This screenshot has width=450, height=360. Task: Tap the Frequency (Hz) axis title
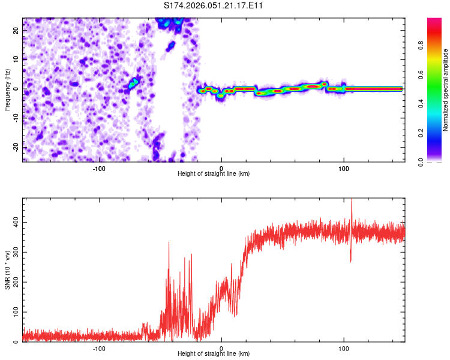click(x=7, y=89)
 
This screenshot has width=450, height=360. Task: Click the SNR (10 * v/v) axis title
click(x=7, y=269)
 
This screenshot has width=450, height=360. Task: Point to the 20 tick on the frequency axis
click(x=16, y=29)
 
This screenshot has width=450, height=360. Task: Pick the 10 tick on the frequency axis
click(x=16, y=59)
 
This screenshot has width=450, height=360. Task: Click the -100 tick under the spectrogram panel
click(x=99, y=169)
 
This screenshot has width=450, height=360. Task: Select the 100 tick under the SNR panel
click(x=344, y=349)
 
